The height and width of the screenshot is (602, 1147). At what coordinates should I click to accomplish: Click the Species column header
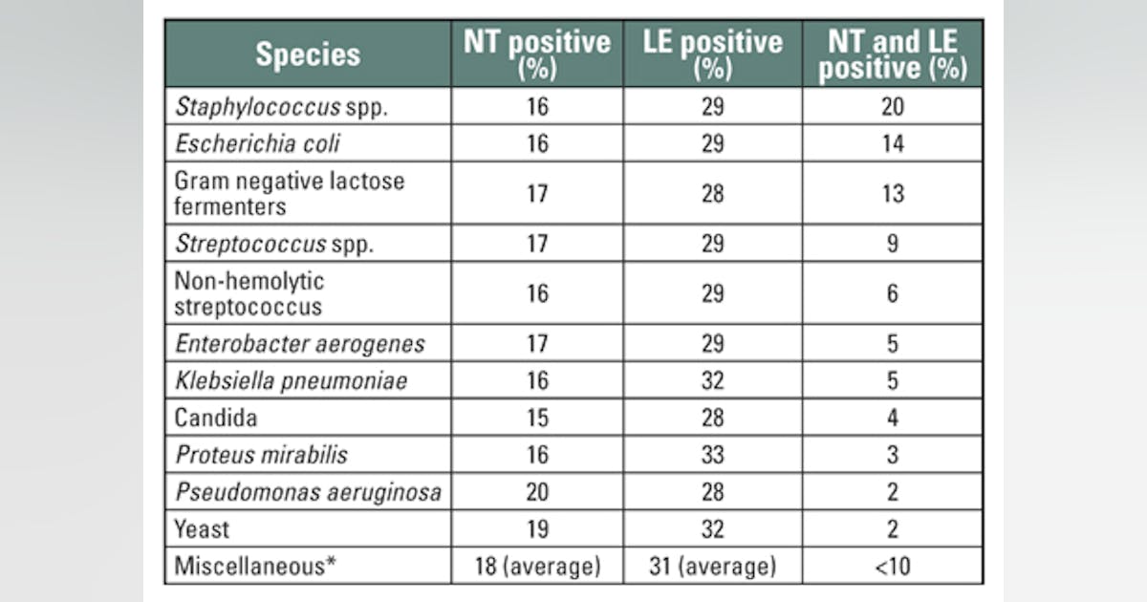[307, 54]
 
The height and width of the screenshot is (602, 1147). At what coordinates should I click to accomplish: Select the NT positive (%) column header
[537, 54]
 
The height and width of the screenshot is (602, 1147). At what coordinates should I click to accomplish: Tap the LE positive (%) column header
[713, 54]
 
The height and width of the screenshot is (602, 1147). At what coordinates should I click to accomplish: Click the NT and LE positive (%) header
[892, 54]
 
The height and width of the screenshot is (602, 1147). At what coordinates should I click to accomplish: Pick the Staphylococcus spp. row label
[281, 106]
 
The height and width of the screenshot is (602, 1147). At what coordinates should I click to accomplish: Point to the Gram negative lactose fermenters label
[289, 193]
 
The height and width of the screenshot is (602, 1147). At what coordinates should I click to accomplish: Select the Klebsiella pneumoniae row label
[291, 381]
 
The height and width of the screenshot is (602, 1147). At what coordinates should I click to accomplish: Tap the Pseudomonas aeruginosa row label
[308, 492]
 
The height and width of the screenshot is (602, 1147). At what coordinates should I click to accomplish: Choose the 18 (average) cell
[537, 567]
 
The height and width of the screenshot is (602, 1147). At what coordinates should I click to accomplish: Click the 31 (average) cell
[713, 567]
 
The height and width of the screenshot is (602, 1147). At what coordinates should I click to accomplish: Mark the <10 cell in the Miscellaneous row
[892, 567]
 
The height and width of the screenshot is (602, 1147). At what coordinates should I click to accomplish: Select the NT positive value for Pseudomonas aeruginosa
[537, 492]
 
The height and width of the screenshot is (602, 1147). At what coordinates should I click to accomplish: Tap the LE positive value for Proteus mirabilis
[713, 455]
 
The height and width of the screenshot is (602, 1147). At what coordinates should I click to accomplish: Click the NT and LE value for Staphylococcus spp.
[892, 106]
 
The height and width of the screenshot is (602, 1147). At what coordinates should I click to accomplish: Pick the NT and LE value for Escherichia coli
[892, 143]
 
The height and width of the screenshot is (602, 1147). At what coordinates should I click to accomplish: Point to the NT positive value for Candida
[537, 418]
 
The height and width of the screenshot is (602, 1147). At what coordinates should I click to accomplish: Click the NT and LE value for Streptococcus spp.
[892, 244]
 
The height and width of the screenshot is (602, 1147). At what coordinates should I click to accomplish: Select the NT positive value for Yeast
[537, 529]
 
